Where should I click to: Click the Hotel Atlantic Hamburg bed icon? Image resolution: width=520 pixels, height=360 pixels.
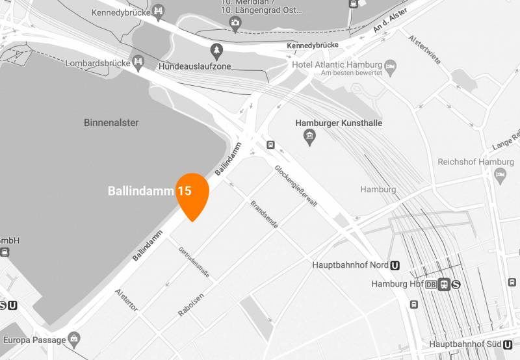(391, 65)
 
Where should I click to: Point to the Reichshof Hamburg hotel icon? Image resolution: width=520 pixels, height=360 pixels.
(500, 174)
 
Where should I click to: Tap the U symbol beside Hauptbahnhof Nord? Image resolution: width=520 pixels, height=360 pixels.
(395, 265)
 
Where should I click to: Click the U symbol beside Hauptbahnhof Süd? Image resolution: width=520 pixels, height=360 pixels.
(508, 344)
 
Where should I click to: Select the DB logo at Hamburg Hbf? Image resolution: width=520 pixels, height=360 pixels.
(431, 284)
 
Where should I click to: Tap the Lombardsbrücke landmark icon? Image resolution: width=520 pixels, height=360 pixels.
(138, 62)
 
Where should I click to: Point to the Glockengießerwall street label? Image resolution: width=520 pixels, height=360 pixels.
(296, 186)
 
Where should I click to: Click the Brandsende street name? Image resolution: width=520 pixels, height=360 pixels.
(265, 214)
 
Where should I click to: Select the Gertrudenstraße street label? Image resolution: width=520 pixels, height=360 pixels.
(194, 263)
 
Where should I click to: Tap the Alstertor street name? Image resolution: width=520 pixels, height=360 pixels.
(127, 300)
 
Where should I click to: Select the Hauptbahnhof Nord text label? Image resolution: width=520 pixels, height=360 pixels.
(350, 265)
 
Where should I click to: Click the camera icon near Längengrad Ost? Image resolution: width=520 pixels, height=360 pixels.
(235, 24)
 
